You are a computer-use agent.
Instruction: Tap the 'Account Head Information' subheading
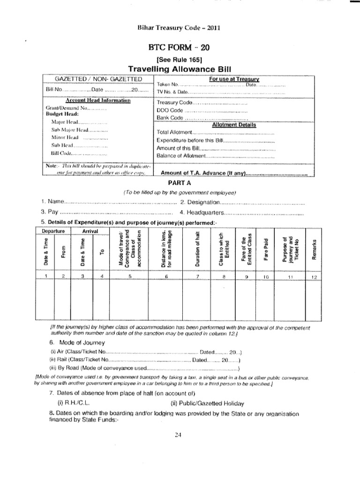(x=98, y=100)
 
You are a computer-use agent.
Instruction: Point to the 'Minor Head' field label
(x=65, y=137)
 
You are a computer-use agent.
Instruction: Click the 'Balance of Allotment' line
(x=180, y=156)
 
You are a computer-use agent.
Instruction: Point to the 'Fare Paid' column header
(x=265, y=251)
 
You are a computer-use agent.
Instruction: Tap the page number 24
(x=178, y=435)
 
